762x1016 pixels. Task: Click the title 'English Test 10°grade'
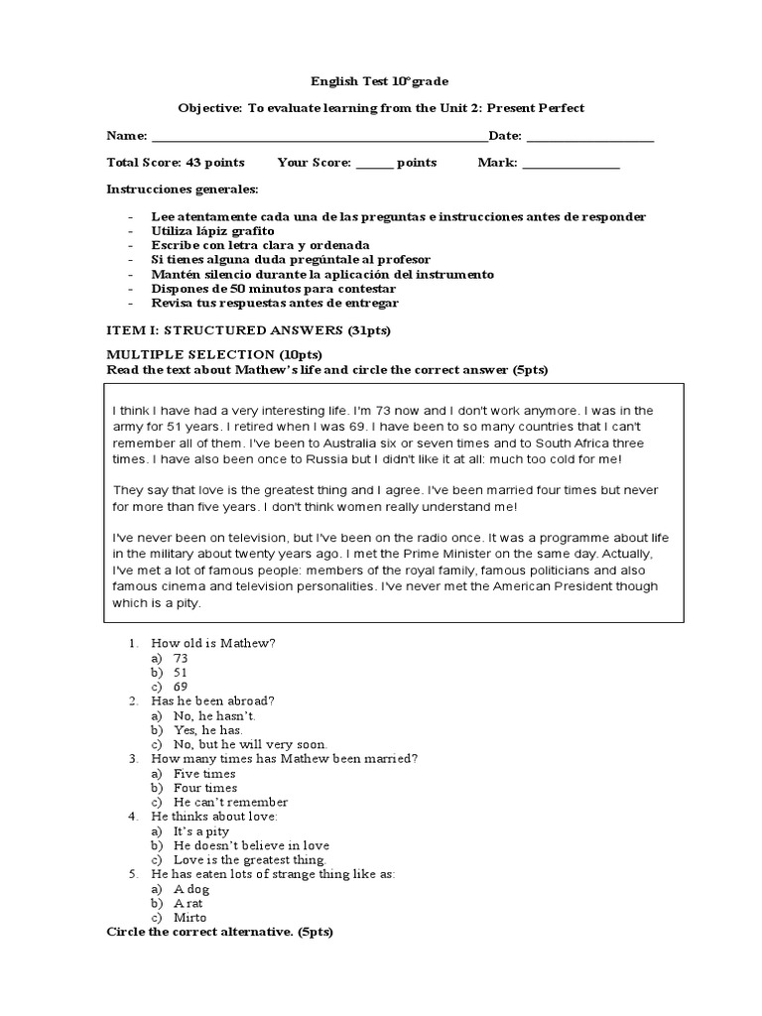[380, 81]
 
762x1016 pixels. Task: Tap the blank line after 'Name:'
[317, 137]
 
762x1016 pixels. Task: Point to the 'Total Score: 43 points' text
[175, 163]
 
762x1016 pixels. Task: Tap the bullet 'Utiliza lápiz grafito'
[212, 230]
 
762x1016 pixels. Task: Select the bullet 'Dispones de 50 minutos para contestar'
[266, 289]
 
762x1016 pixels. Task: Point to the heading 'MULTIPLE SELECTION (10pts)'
[213, 355]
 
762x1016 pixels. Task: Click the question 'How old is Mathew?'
[212, 643]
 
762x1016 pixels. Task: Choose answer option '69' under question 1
[181, 686]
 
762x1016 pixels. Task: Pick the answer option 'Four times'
[204, 788]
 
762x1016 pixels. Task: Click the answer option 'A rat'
[188, 903]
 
